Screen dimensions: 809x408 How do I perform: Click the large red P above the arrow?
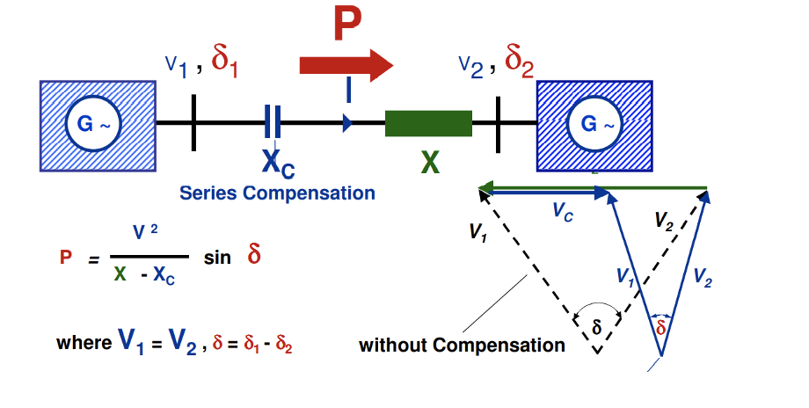(347, 24)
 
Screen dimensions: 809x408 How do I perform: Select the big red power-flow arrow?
(346, 65)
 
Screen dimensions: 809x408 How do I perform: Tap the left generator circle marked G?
(93, 124)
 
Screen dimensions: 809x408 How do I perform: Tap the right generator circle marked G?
(595, 124)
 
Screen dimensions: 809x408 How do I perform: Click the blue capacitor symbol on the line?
(273, 121)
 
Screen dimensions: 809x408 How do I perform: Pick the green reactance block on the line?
(428, 123)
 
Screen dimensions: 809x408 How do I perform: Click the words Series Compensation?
(277, 193)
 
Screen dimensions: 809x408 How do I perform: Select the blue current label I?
(349, 90)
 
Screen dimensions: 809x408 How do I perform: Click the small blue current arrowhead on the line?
(347, 123)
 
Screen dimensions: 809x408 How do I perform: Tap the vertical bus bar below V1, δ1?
(193, 123)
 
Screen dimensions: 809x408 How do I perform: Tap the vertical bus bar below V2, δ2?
(498, 124)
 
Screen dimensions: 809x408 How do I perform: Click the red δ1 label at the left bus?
(224, 62)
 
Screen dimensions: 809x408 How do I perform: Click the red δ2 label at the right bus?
(519, 62)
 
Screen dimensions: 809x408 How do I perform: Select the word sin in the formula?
(217, 257)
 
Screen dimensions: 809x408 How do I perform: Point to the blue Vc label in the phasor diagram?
(563, 212)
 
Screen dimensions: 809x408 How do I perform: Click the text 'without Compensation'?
(462, 345)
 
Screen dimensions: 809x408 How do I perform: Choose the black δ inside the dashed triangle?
(597, 326)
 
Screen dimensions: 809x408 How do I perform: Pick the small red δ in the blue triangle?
(660, 327)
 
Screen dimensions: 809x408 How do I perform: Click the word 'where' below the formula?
(84, 343)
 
